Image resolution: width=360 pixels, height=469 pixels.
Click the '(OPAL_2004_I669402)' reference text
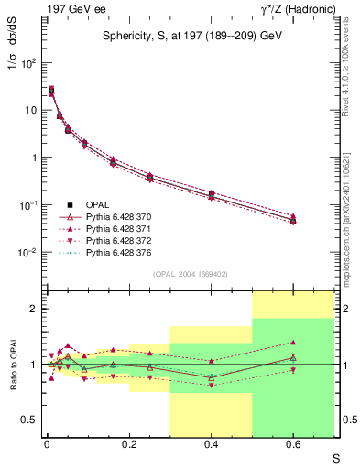pos(190,274)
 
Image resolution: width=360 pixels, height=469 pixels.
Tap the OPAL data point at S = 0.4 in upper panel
pos(211,194)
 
